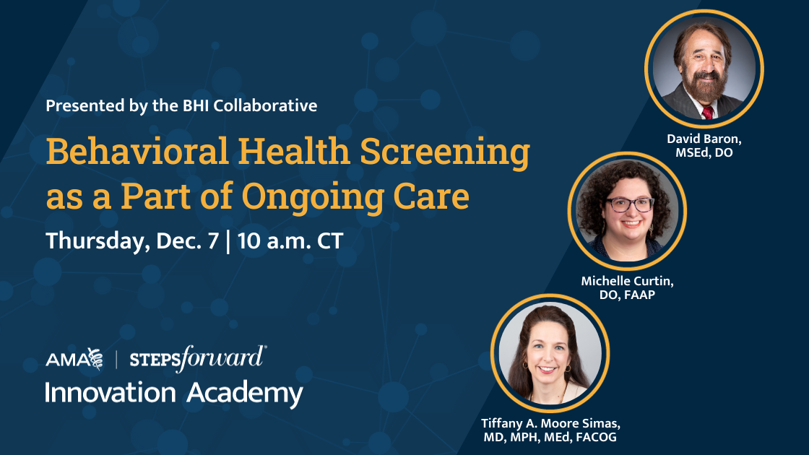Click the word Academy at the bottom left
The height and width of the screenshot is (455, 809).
coord(245,394)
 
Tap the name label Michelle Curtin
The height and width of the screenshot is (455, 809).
coord(627,281)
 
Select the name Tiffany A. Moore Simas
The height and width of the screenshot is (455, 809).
coord(551,422)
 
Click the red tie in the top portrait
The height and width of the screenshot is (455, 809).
coord(707,111)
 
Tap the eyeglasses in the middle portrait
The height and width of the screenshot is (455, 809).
coord(630,204)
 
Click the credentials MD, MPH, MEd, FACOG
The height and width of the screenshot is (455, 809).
coord(551,437)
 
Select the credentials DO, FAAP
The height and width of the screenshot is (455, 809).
coord(627,295)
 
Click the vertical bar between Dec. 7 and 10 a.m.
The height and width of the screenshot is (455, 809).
coord(229,240)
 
